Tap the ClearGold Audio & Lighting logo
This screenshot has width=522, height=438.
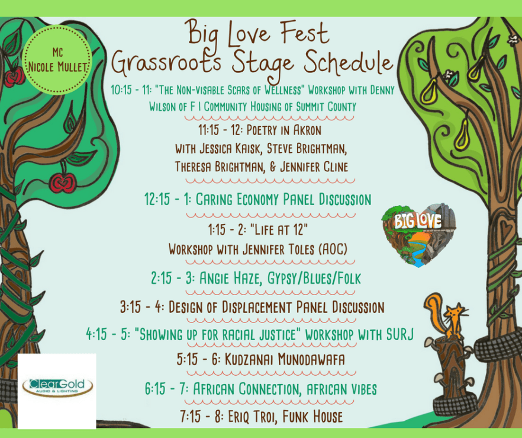[57, 387]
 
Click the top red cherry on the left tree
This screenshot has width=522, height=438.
[13, 78]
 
